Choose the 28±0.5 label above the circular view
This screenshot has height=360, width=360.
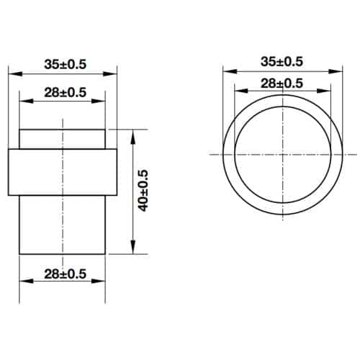pyautogui.click(x=281, y=83)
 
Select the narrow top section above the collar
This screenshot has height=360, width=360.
pyautogui.click(x=63, y=138)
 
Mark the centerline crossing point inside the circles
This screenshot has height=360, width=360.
pyautogui.click(x=282, y=155)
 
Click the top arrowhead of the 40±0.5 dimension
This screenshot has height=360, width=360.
pyautogui.click(x=133, y=134)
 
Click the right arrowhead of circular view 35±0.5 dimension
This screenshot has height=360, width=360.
pyautogui.click(x=336, y=70)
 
